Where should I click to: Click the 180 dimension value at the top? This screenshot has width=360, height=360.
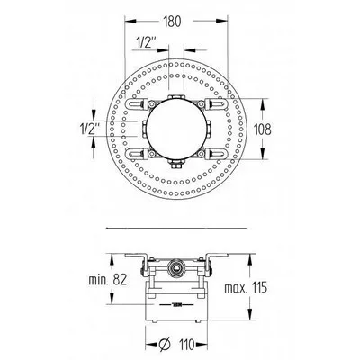173,22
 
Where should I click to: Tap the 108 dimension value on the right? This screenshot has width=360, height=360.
263,130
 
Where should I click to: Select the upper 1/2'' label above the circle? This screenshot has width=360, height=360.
146,42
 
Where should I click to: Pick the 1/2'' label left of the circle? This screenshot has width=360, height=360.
90,130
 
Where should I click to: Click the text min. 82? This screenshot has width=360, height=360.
107,280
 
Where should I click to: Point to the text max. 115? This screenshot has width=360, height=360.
246,288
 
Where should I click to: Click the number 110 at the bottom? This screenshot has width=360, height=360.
185,345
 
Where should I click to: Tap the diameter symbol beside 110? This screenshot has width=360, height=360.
165,345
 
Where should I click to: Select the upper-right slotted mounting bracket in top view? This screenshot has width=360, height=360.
216,103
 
